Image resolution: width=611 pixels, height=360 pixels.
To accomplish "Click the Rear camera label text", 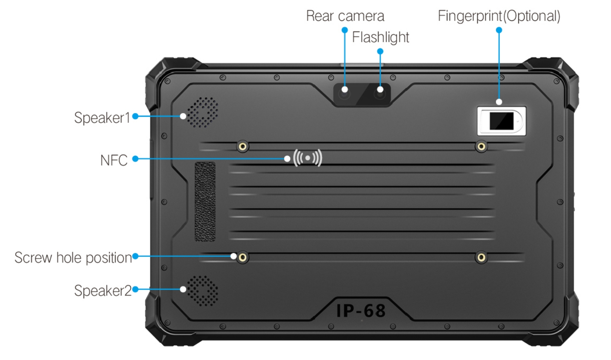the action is point(345,16).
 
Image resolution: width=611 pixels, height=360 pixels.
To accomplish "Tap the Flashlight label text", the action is point(381,37).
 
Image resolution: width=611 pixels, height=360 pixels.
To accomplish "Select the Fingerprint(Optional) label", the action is point(499,16).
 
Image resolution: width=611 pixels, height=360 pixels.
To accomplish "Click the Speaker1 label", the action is point(102,118).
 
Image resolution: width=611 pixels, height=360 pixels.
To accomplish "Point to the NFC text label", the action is point(114,160).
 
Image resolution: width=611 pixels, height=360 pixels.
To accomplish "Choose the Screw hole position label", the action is point(73,258).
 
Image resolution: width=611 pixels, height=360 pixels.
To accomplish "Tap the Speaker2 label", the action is point(103,291).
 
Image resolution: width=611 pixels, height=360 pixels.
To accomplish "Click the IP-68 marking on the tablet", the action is point(361,311).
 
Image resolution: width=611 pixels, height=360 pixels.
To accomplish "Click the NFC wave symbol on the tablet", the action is point(308,158).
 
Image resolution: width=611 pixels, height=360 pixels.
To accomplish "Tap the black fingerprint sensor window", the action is point(502,121).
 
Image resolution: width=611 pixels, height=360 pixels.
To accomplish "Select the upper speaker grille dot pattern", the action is point(203,112).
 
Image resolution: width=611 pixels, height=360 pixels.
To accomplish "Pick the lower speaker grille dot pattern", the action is point(203,291).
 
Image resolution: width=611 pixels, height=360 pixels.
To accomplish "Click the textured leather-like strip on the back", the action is point(205,201).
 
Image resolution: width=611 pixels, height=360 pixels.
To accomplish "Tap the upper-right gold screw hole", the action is point(481,147).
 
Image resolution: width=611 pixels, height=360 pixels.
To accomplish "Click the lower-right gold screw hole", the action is point(481,257).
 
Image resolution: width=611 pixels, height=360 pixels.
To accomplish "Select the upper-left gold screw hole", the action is point(243,147).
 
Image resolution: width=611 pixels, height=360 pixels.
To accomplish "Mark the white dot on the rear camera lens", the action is point(345,90).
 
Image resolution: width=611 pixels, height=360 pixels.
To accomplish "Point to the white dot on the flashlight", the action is point(380,90).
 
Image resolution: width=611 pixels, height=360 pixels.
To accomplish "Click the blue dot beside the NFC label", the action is point(135,159).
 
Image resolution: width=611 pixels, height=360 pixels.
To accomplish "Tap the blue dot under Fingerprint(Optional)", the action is point(499,30).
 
